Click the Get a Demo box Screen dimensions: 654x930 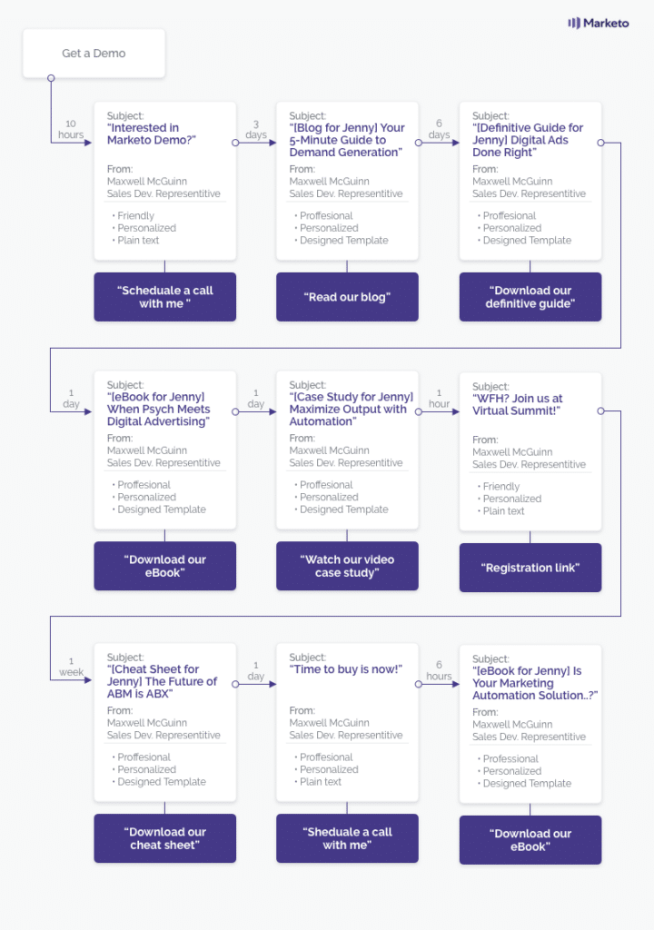tap(94, 54)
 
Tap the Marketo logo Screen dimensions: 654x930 tap(599, 23)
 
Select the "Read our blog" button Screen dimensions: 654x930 tap(347, 297)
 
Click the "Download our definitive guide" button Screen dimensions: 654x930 tap(530, 297)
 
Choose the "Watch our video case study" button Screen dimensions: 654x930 tap(347, 566)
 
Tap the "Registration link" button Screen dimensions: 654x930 tap(530, 568)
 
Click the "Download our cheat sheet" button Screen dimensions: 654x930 tap(165, 838)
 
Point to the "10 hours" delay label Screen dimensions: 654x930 tap(71, 129)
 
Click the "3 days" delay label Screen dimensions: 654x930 tap(256, 129)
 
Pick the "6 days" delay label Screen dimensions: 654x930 tap(439, 129)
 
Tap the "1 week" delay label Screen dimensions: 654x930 tap(71, 667)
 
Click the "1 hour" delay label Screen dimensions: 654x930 tap(439, 399)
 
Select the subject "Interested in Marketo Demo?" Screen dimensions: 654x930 tap(152, 134)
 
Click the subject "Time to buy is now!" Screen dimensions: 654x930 tap(346, 669)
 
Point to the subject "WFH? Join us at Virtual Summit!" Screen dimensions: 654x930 tap(518, 404)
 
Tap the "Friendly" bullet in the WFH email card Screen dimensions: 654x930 tap(500, 487)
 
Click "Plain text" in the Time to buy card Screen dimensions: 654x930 tap(321, 782)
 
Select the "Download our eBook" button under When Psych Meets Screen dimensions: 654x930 tap(165, 566)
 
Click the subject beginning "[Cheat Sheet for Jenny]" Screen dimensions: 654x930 tap(162, 681)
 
